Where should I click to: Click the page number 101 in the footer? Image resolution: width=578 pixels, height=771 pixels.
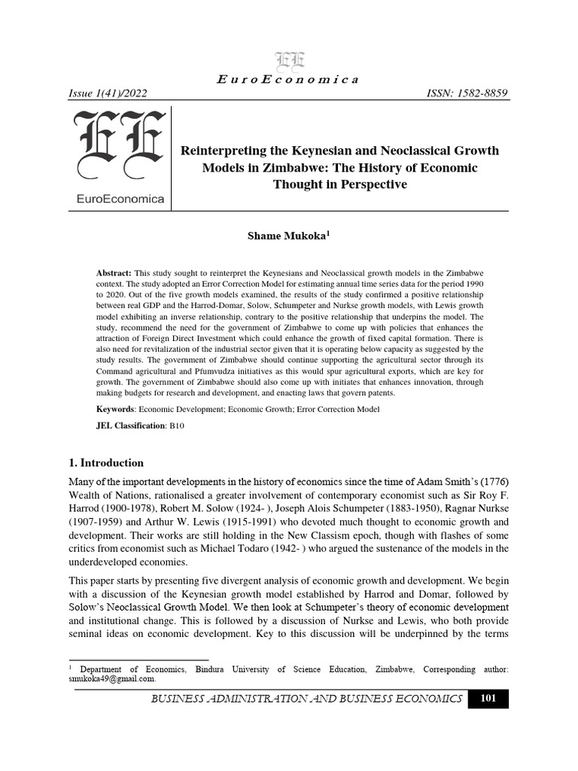[x=488, y=699]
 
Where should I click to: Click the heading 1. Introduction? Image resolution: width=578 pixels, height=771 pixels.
[x=106, y=462]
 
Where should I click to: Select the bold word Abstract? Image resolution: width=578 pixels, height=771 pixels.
[x=114, y=271]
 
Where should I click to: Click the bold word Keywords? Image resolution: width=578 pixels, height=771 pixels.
[x=115, y=409]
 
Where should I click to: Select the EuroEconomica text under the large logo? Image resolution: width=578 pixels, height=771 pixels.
[x=117, y=199]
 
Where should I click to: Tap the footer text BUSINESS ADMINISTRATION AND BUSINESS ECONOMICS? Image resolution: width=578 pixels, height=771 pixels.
[x=306, y=699]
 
